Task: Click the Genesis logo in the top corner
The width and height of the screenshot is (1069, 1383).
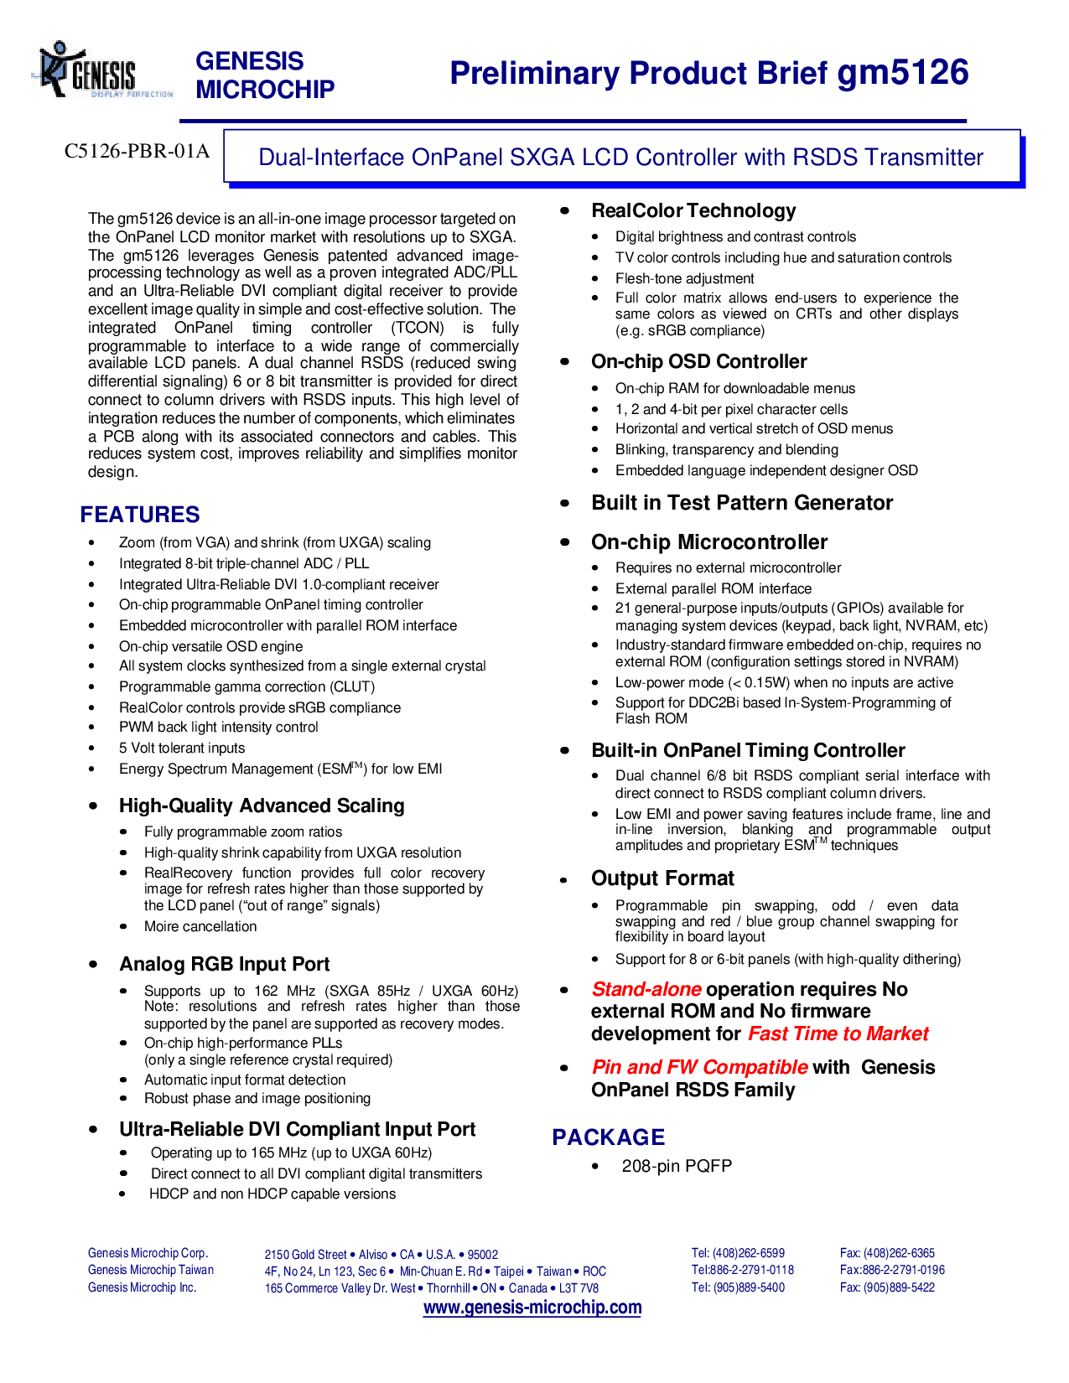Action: (102, 70)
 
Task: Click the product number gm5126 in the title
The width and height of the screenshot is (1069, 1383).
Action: (902, 73)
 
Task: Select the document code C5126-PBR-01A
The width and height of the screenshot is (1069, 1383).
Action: (137, 151)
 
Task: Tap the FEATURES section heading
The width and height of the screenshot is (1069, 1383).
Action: (140, 515)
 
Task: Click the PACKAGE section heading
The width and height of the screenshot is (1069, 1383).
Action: (608, 1137)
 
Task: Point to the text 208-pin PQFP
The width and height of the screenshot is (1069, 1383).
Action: (677, 1165)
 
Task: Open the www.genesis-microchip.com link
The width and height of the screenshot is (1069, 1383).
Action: (532, 1308)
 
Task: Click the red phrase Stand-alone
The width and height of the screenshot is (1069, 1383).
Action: (646, 989)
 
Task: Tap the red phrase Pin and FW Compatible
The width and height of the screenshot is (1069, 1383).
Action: (700, 1067)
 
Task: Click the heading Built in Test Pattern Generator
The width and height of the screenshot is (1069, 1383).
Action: (742, 503)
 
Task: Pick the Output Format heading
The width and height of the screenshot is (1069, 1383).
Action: (662, 878)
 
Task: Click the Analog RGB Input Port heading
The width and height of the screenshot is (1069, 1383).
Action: (224, 964)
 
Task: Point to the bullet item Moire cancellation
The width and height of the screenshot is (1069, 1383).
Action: (200, 927)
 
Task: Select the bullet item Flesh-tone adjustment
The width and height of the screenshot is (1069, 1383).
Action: (684, 279)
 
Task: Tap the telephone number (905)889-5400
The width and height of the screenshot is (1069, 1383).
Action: (749, 1287)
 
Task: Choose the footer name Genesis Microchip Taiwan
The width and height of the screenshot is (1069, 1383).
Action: (151, 1270)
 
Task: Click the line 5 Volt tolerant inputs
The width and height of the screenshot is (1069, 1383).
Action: (181, 748)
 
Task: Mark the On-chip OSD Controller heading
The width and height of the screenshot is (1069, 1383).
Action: (698, 361)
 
